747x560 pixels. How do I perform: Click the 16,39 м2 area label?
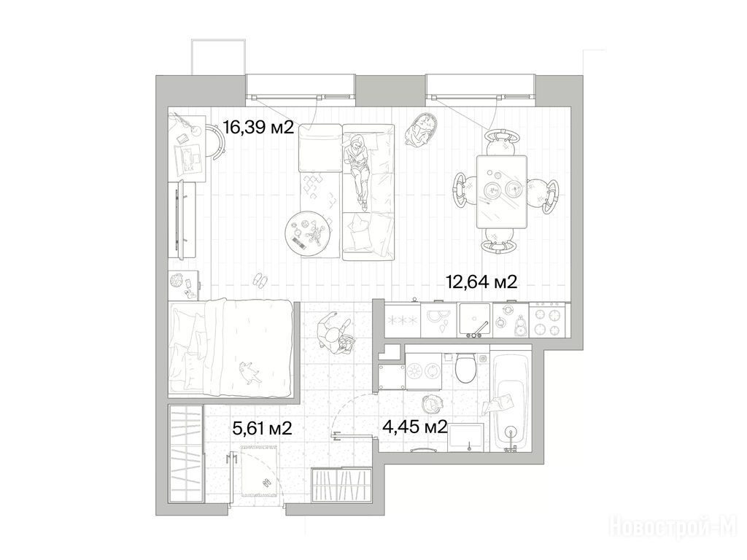point(258,127)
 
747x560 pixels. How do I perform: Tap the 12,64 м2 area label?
point(481,281)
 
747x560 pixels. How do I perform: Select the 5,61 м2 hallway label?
point(262,428)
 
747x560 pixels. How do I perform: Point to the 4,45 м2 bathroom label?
point(414,427)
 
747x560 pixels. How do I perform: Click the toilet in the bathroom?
point(465,367)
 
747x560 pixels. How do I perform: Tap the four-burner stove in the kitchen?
point(549,320)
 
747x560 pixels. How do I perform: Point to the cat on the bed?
point(249,371)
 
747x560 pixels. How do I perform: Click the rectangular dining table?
point(502,192)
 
